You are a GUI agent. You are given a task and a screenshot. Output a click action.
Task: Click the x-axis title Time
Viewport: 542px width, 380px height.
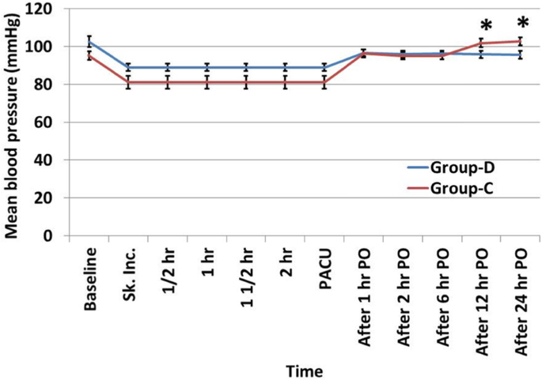[x=305, y=369]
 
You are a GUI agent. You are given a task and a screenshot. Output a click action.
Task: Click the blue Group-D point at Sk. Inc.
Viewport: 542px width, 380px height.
[x=128, y=68]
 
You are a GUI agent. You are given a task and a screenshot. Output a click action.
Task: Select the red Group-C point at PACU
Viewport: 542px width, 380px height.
[x=324, y=82]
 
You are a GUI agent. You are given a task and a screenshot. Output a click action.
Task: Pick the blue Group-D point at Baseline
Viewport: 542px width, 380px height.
[x=89, y=42]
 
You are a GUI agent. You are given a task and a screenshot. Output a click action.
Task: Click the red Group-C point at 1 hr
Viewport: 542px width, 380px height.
[x=207, y=82]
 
